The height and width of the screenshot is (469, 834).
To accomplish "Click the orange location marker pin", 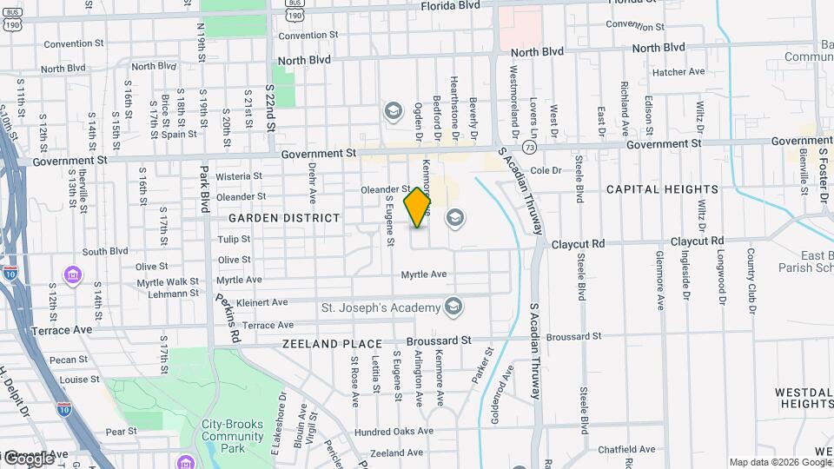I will click(x=418, y=207).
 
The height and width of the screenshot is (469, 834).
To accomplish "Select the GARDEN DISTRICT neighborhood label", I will click(x=284, y=218).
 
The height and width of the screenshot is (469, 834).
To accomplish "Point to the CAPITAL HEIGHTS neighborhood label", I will click(x=662, y=189).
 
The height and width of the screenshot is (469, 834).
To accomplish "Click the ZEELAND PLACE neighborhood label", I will click(x=332, y=344).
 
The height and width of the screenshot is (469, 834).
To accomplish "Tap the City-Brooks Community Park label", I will click(x=232, y=436).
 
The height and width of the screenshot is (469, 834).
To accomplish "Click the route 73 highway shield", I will click(x=529, y=149).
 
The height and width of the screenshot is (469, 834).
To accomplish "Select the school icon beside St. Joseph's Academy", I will click(x=453, y=306).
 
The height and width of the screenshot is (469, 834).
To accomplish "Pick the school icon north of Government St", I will click(x=393, y=110).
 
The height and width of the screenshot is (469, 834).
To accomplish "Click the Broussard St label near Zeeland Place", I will click(x=441, y=340).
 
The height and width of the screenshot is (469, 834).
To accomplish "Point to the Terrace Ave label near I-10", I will click(x=61, y=330).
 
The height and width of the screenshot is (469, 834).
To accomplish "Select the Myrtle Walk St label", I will click(x=169, y=281).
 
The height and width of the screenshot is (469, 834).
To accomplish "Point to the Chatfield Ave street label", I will click(x=625, y=449).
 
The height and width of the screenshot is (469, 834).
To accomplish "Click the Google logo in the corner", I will click(x=29, y=458).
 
